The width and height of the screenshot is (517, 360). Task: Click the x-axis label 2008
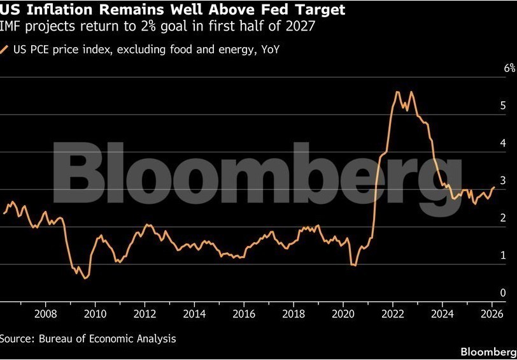tap(45, 313)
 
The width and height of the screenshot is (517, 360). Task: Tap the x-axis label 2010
tap(95, 313)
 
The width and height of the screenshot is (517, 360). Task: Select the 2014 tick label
tap(194, 313)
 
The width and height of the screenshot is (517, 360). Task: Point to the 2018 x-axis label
tap(294, 313)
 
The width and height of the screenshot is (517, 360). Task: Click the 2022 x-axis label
tap(393, 313)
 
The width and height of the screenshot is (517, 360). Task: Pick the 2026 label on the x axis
tap(492, 313)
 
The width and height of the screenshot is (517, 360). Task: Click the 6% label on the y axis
tap(509, 68)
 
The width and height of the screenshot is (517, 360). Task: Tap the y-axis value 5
tap(504, 105)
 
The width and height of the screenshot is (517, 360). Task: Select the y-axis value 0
tap(504, 292)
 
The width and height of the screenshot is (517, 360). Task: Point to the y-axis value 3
tap(504, 180)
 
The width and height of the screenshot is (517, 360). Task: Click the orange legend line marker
tap(5, 50)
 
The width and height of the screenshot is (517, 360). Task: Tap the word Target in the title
tap(321, 10)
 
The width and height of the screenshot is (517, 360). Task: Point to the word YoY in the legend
tap(269, 50)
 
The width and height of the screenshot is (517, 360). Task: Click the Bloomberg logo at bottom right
tap(488, 352)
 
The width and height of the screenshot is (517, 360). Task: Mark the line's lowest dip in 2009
tap(85, 278)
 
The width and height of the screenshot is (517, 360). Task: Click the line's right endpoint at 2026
tap(494, 187)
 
